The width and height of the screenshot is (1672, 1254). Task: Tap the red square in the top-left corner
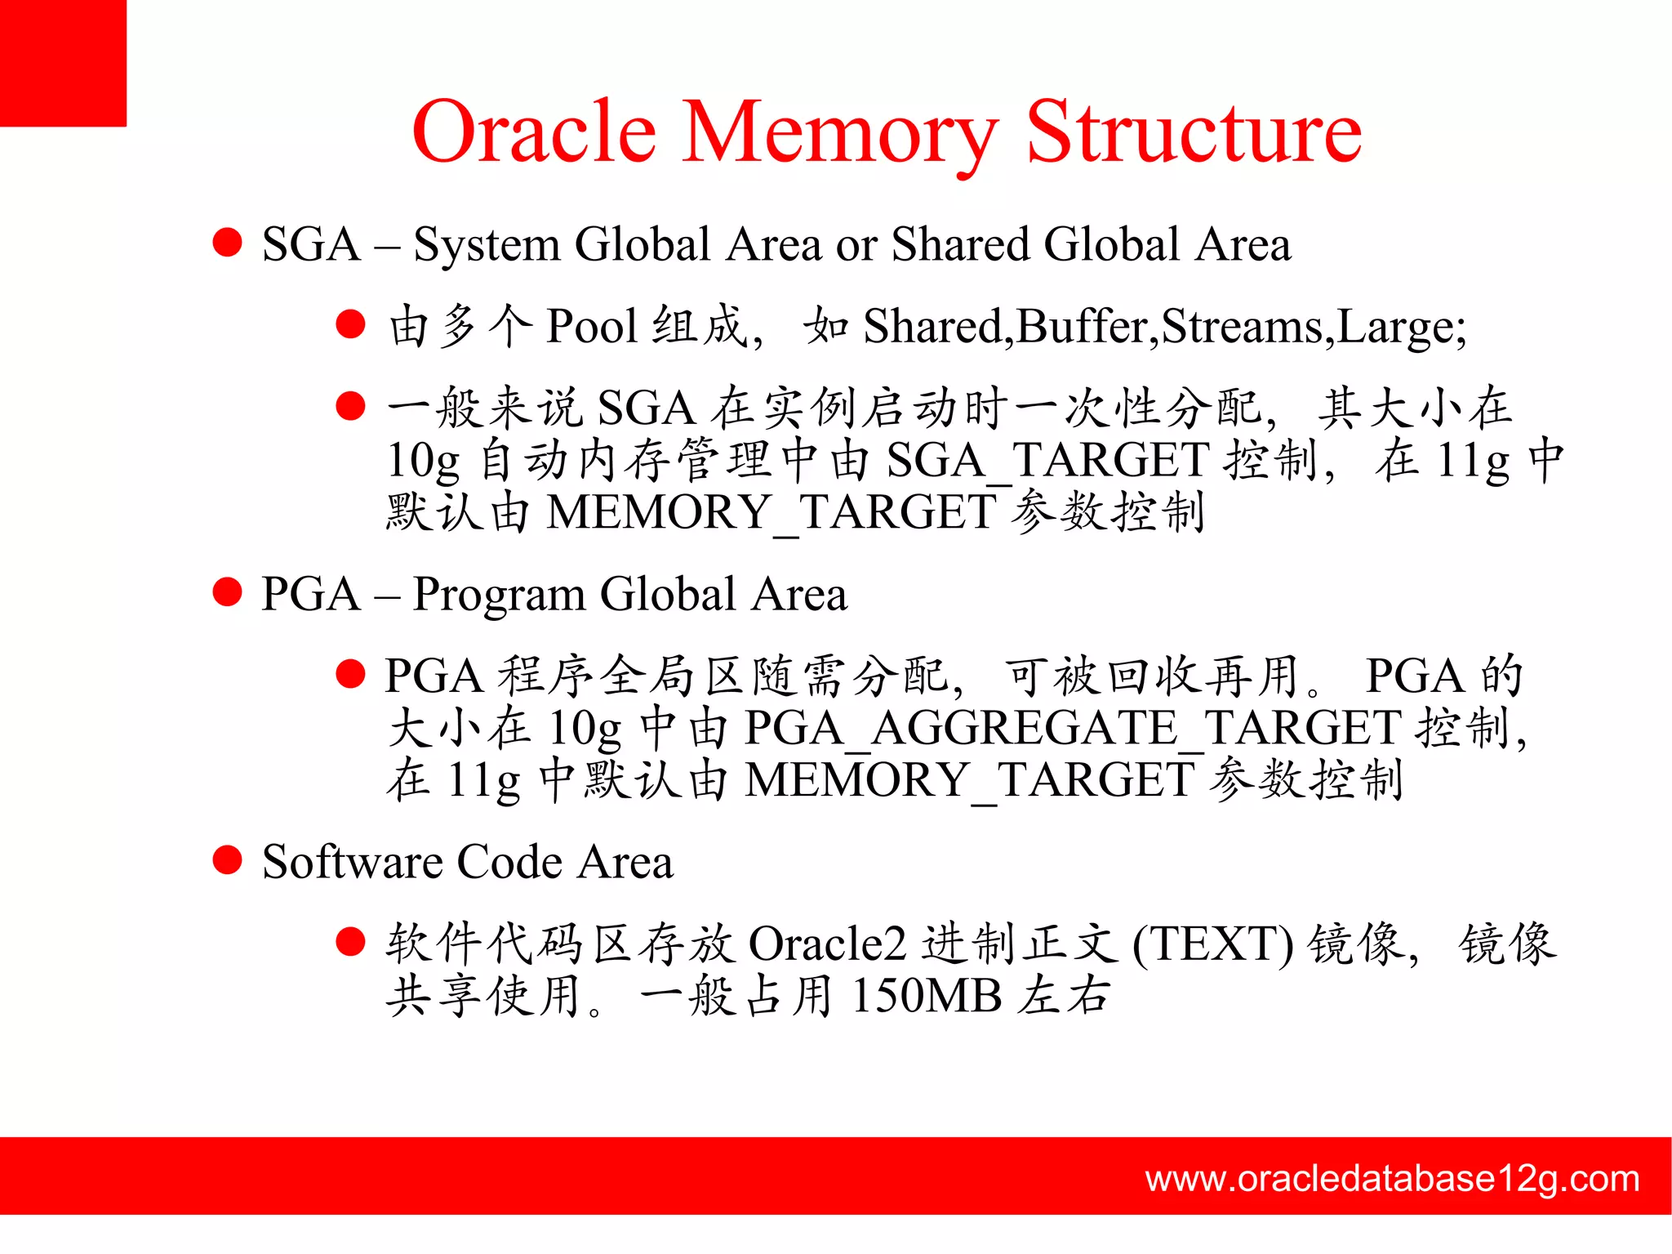(63, 63)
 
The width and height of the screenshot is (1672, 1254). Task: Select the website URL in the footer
(1392, 1179)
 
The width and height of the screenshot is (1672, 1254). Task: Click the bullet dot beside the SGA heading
(227, 243)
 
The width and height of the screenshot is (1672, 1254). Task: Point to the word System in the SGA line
(486, 244)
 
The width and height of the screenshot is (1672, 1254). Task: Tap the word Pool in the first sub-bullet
(591, 326)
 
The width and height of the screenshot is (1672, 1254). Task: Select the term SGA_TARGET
(1047, 460)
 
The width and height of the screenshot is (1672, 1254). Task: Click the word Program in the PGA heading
(499, 595)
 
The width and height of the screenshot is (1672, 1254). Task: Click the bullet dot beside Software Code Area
(227, 860)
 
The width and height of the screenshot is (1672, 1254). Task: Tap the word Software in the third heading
(352, 862)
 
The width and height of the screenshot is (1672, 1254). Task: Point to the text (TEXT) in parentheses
(1212, 944)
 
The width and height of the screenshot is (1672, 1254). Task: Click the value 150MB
(926, 997)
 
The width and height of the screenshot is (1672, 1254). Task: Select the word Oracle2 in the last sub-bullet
(827, 944)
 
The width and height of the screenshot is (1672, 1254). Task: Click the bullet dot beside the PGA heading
(227, 592)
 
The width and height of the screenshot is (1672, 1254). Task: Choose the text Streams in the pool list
(1242, 326)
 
